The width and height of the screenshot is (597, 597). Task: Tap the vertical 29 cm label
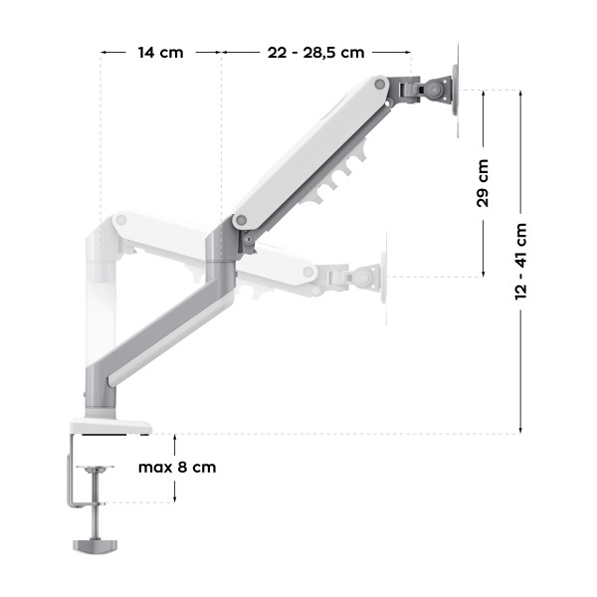(x=483, y=183)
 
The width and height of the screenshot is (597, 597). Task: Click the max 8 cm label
(x=177, y=467)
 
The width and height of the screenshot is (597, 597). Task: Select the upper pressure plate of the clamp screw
(x=97, y=470)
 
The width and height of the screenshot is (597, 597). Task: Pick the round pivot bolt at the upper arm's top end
(x=379, y=88)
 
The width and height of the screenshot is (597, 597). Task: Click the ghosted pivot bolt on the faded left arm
(x=121, y=218)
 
